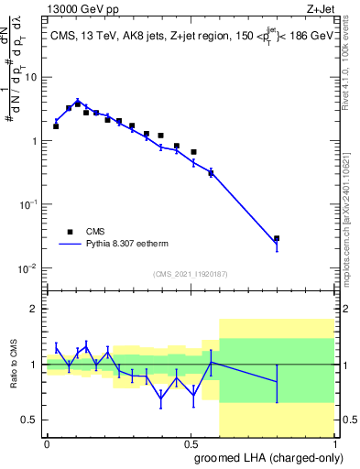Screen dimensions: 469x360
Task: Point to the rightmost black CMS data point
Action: tap(277, 238)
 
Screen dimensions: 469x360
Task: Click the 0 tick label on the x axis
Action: tap(47, 442)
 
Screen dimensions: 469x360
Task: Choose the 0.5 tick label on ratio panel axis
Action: tap(30, 420)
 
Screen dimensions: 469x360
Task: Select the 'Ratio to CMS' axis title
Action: tap(14, 364)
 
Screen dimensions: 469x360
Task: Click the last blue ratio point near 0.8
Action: tap(277, 381)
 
